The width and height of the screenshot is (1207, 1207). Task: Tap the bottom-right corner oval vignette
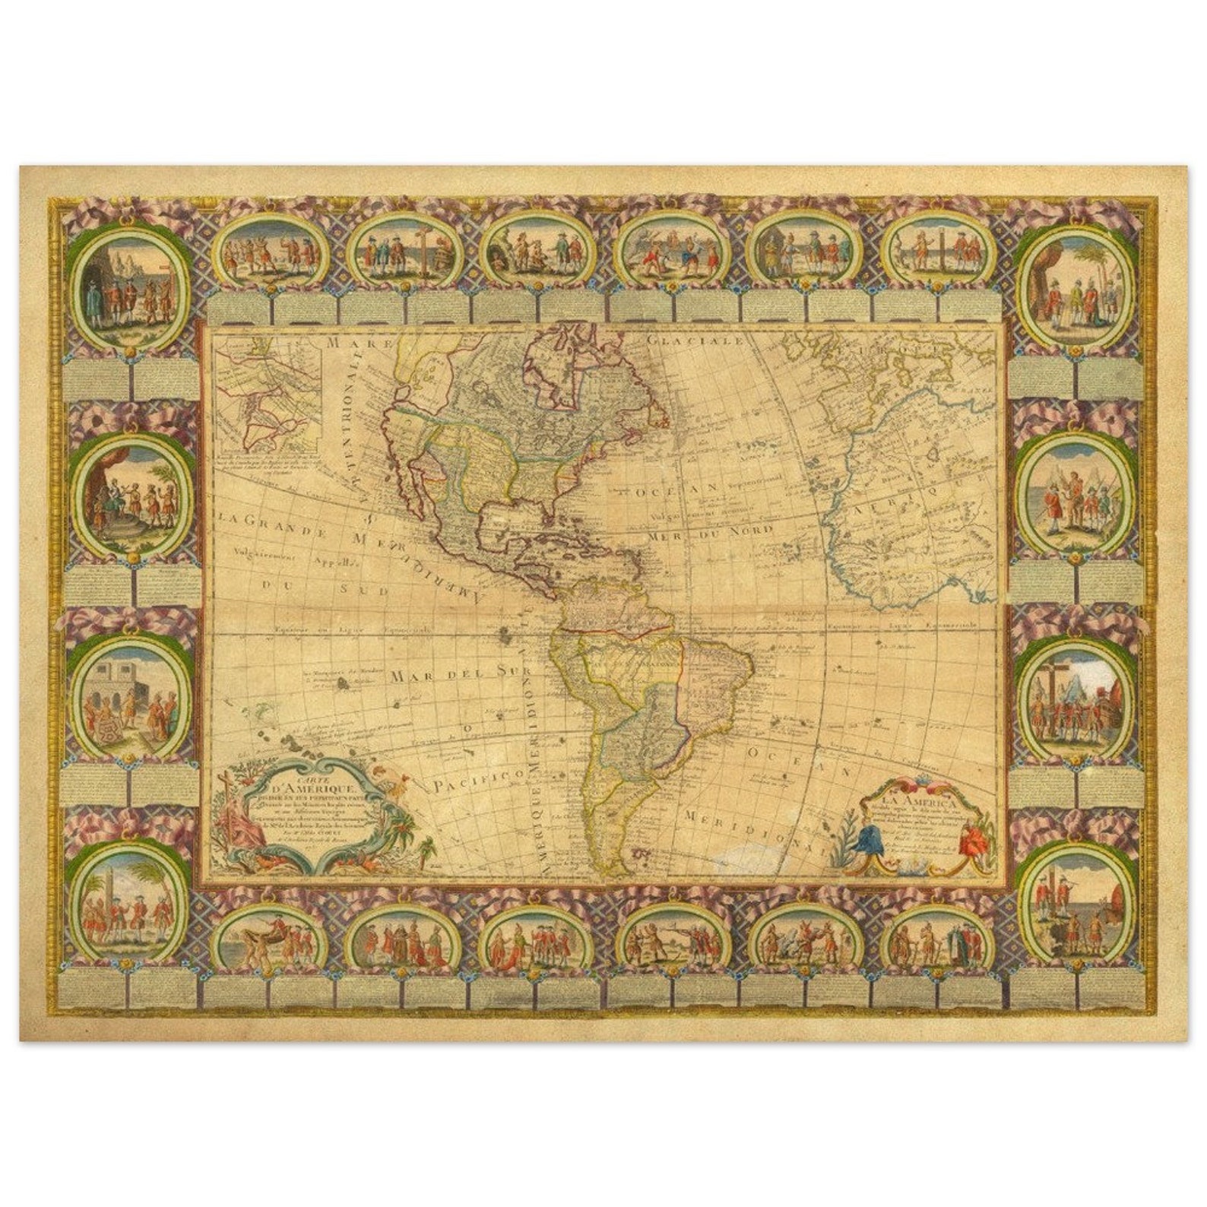[1076, 901]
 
